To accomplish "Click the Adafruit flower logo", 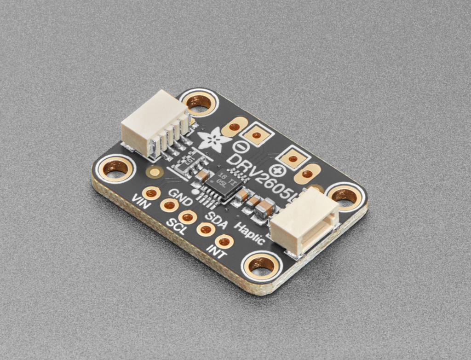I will coord(214,139).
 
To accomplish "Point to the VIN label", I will coord(141,202).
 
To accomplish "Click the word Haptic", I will coord(249,232).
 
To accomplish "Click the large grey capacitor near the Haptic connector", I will coord(265,209).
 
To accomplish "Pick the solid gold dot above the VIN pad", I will coord(154,173).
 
